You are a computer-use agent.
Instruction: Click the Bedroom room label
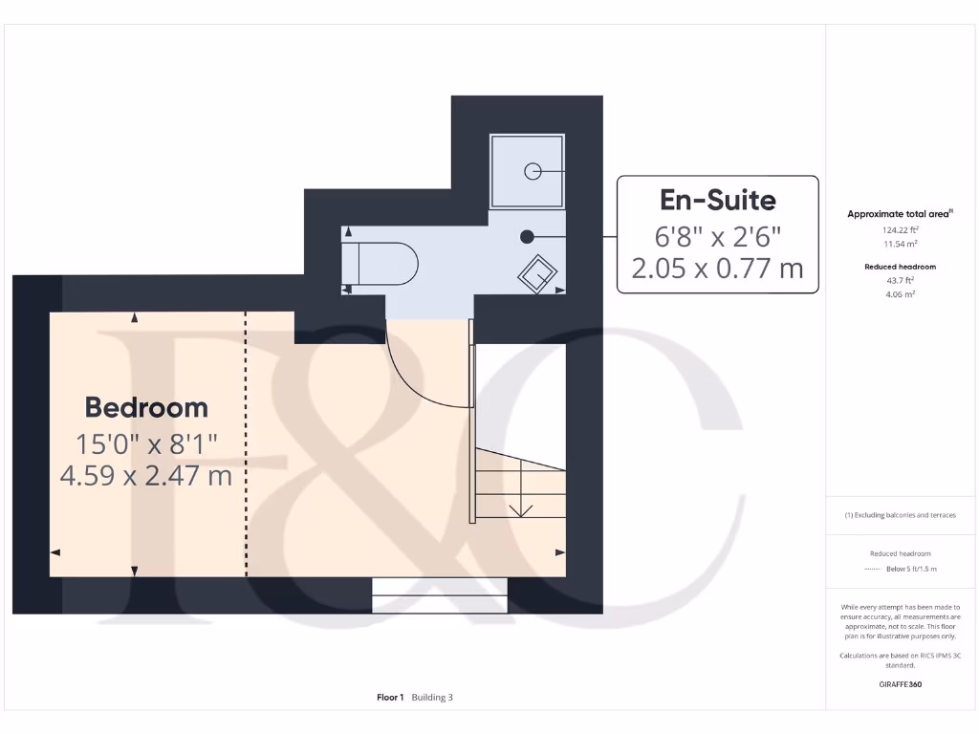click(146, 407)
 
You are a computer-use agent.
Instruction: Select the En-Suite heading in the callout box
click(717, 200)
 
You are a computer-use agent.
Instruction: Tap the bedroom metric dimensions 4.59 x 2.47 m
click(146, 475)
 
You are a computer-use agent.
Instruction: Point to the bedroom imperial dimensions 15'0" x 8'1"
click(146, 443)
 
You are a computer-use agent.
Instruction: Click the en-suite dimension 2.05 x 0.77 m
click(717, 269)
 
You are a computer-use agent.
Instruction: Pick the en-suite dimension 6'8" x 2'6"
click(717, 235)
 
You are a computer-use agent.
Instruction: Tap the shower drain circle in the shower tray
click(533, 171)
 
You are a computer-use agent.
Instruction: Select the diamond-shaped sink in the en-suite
click(538, 273)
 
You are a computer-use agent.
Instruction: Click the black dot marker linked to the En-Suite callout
click(526, 236)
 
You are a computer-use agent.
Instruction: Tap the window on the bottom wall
click(439, 594)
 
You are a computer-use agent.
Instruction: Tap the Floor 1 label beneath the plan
click(390, 698)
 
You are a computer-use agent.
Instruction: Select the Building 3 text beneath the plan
click(432, 698)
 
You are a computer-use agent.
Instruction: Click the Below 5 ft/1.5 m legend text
click(911, 569)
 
